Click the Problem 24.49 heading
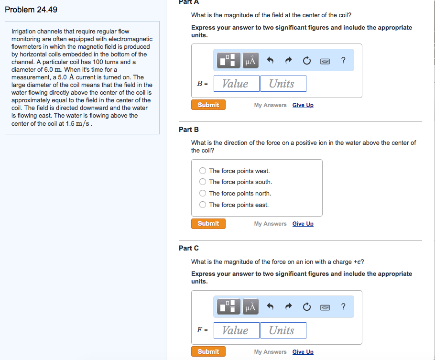point(31,10)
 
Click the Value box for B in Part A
point(236,84)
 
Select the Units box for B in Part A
point(283,84)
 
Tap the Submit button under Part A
point(208,105)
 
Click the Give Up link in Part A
point(303,105)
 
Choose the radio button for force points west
point(203,171)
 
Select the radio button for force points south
point(203,182)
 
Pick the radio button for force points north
point(203,193)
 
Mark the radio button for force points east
point(203,205)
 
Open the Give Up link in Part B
point(303,224)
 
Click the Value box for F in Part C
point(236,330)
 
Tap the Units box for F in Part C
point(283,330)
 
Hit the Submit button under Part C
point(208,351)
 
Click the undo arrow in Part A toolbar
point(270,60)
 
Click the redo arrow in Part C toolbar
point(289,306)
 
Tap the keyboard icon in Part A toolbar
point(325,61)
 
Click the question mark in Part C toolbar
point(343,306)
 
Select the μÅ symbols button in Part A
point(250,60)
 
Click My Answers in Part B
point(270,224)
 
